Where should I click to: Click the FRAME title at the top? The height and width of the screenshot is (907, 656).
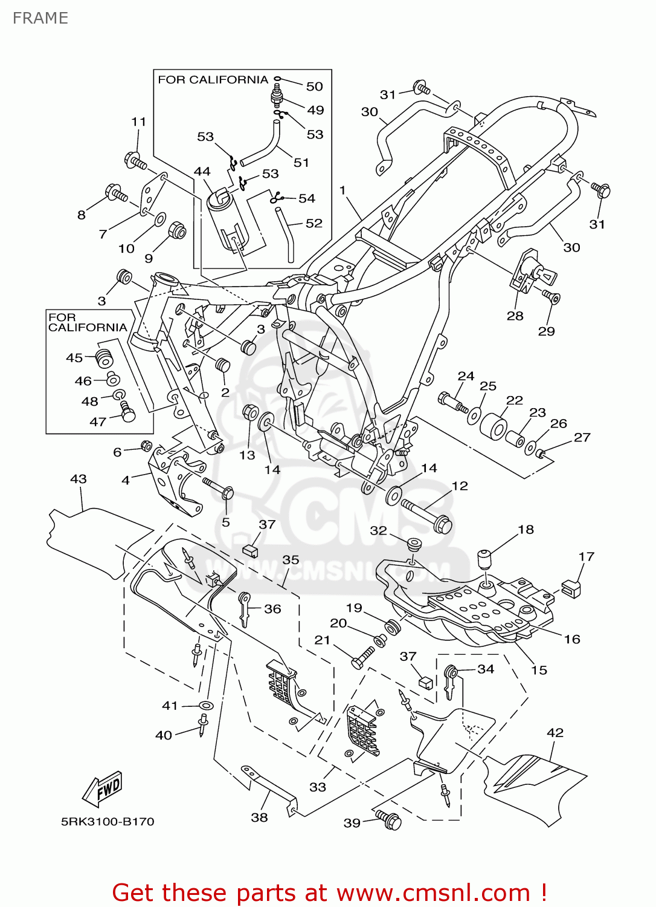click(40, 18)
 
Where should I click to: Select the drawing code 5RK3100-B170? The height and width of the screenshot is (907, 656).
click(108, 822)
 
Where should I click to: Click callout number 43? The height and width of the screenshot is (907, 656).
click(79, 479)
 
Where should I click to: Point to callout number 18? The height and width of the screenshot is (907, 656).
click(526, 530)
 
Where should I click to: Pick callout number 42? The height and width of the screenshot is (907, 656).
click(555, 733)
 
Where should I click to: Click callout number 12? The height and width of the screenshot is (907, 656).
click(460, 486)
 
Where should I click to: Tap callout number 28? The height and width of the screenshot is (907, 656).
click(515, 316)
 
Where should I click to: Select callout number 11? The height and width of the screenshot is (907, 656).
click(139, 122)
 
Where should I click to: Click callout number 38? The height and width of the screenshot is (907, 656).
click(259, 818)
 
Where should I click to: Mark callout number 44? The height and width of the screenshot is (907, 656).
click(202, 172)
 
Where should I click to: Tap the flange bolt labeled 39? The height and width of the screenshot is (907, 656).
click(390, 820)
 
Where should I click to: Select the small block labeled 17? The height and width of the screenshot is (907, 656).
click(571, 588)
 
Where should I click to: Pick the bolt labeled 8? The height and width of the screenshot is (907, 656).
click(116, 193)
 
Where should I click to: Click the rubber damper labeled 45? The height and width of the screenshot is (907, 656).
click(105, 357)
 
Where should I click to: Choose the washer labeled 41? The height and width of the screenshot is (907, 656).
click(206, 706)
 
